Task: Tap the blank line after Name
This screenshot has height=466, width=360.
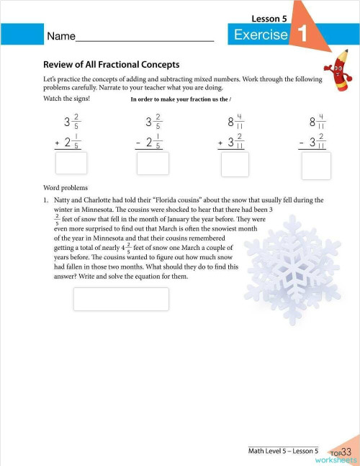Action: (144, 37)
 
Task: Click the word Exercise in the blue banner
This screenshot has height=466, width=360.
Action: (261, 35)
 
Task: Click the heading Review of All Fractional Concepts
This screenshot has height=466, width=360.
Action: (111, 64)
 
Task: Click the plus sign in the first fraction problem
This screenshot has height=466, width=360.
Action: (57, 143)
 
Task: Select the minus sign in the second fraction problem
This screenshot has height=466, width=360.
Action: (138, 143)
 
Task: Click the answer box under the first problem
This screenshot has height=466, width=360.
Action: (71, 163)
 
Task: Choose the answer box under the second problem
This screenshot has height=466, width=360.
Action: (153, 163)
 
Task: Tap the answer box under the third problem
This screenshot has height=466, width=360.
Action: (235, 165)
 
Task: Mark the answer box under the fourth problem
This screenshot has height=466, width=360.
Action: (316, 166)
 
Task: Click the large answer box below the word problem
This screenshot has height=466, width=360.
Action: (121, 299)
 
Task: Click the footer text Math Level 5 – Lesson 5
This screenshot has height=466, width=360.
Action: (283, 450)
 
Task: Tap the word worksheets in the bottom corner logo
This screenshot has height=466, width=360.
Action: (335, 459)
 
